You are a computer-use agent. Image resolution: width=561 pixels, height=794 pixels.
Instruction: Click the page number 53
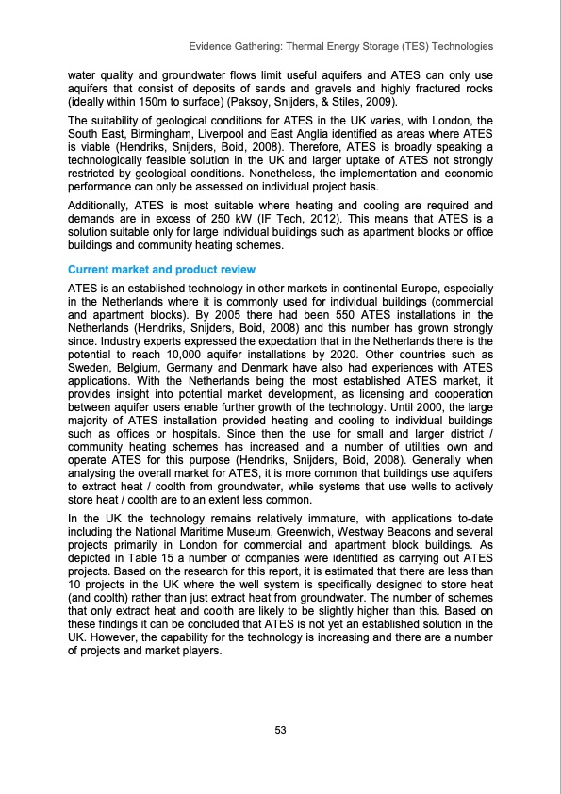pyautogui.click(x=280, y=729)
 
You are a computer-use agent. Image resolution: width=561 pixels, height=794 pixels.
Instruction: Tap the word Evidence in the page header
pyautogui.click(x=211, y=46)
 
